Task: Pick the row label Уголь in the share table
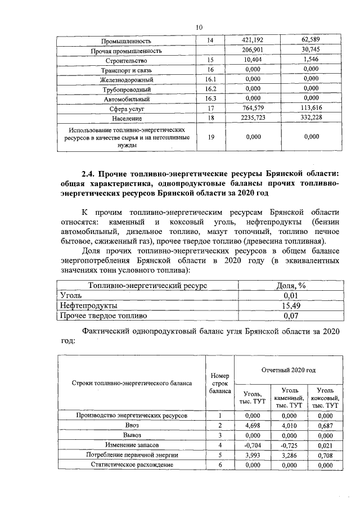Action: [x=71, y=295]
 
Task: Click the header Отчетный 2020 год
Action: [x=289, y=370]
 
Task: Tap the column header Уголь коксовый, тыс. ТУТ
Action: [x=326, y=397]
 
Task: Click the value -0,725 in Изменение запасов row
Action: [x=288, y=445]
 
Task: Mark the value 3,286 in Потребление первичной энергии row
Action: [x=288, y=454]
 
